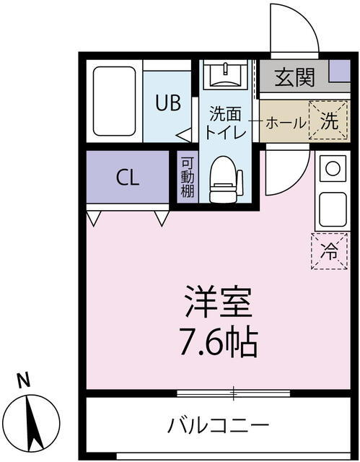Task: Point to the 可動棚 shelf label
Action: (x=187, y=177)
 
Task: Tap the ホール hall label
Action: (x=286, y=122)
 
